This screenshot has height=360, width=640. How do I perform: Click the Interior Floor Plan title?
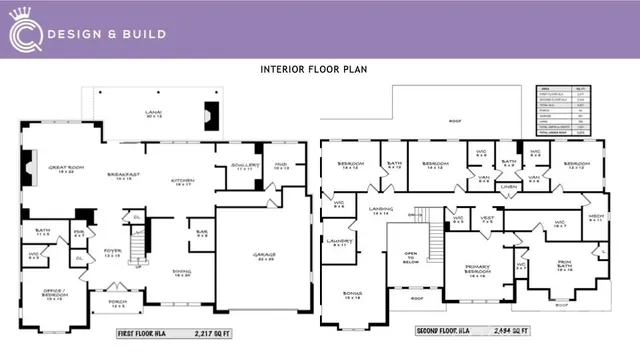click(319, 70)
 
